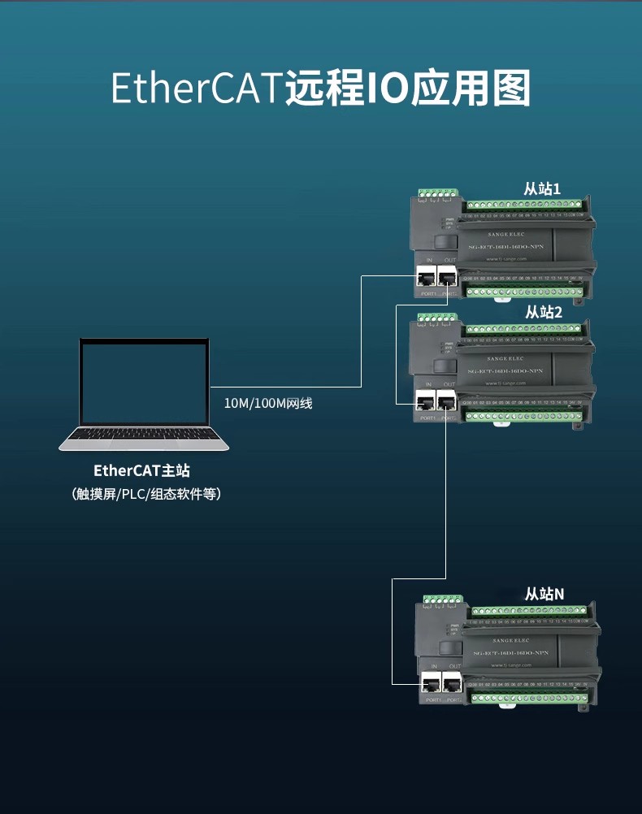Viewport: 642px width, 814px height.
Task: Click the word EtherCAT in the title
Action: tap(196, 89)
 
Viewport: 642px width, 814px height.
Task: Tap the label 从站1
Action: tap(542, 188)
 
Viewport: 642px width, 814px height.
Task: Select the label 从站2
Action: tap(543, 312)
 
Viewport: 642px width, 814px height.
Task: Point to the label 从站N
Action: tap(544, 594)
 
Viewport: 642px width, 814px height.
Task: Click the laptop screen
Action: tap(143, 382)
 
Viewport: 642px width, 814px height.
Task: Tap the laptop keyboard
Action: tap(143, 438)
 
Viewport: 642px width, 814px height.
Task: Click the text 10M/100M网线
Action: tap(268, 403)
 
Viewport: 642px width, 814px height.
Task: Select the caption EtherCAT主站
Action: tap(142, 470)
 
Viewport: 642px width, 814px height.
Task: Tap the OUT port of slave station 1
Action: tap(447, 276)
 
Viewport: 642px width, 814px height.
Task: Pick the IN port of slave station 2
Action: tap(425, 401)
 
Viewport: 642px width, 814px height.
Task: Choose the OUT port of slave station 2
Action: tap(445, 401)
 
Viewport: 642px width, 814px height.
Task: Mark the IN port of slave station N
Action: tap(432, 683)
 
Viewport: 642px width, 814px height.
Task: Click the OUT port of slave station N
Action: tap(453, 683)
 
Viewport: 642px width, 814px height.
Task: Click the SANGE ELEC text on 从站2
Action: tap(505, 358)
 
